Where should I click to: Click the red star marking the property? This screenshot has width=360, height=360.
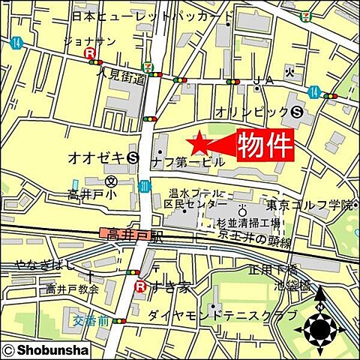[199, 142]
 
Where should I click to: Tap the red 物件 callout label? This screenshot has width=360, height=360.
[265, 145]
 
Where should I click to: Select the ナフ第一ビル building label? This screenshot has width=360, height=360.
[187, 162]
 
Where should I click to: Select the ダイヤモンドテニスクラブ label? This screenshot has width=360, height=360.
[222, 316]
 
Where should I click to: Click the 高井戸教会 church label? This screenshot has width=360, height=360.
[73, 289]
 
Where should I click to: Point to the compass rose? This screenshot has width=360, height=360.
[320, 326]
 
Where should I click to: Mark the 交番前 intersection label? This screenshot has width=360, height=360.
[91, 320]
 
